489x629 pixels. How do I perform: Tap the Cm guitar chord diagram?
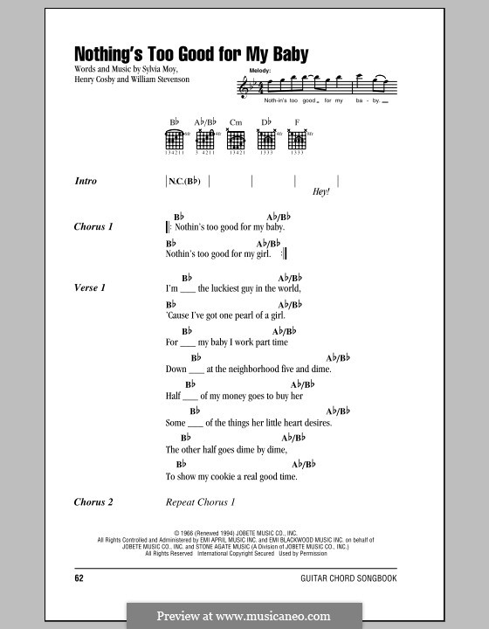point(235,137)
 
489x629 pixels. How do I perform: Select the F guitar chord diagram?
point(297,137)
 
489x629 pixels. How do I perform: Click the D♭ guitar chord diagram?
point(266,137)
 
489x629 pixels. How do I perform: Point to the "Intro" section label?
point(86,182)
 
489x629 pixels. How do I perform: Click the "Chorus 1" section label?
point(94,227)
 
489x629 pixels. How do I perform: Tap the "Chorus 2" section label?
point(94,502)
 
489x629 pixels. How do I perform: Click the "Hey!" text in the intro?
point(320,192)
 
